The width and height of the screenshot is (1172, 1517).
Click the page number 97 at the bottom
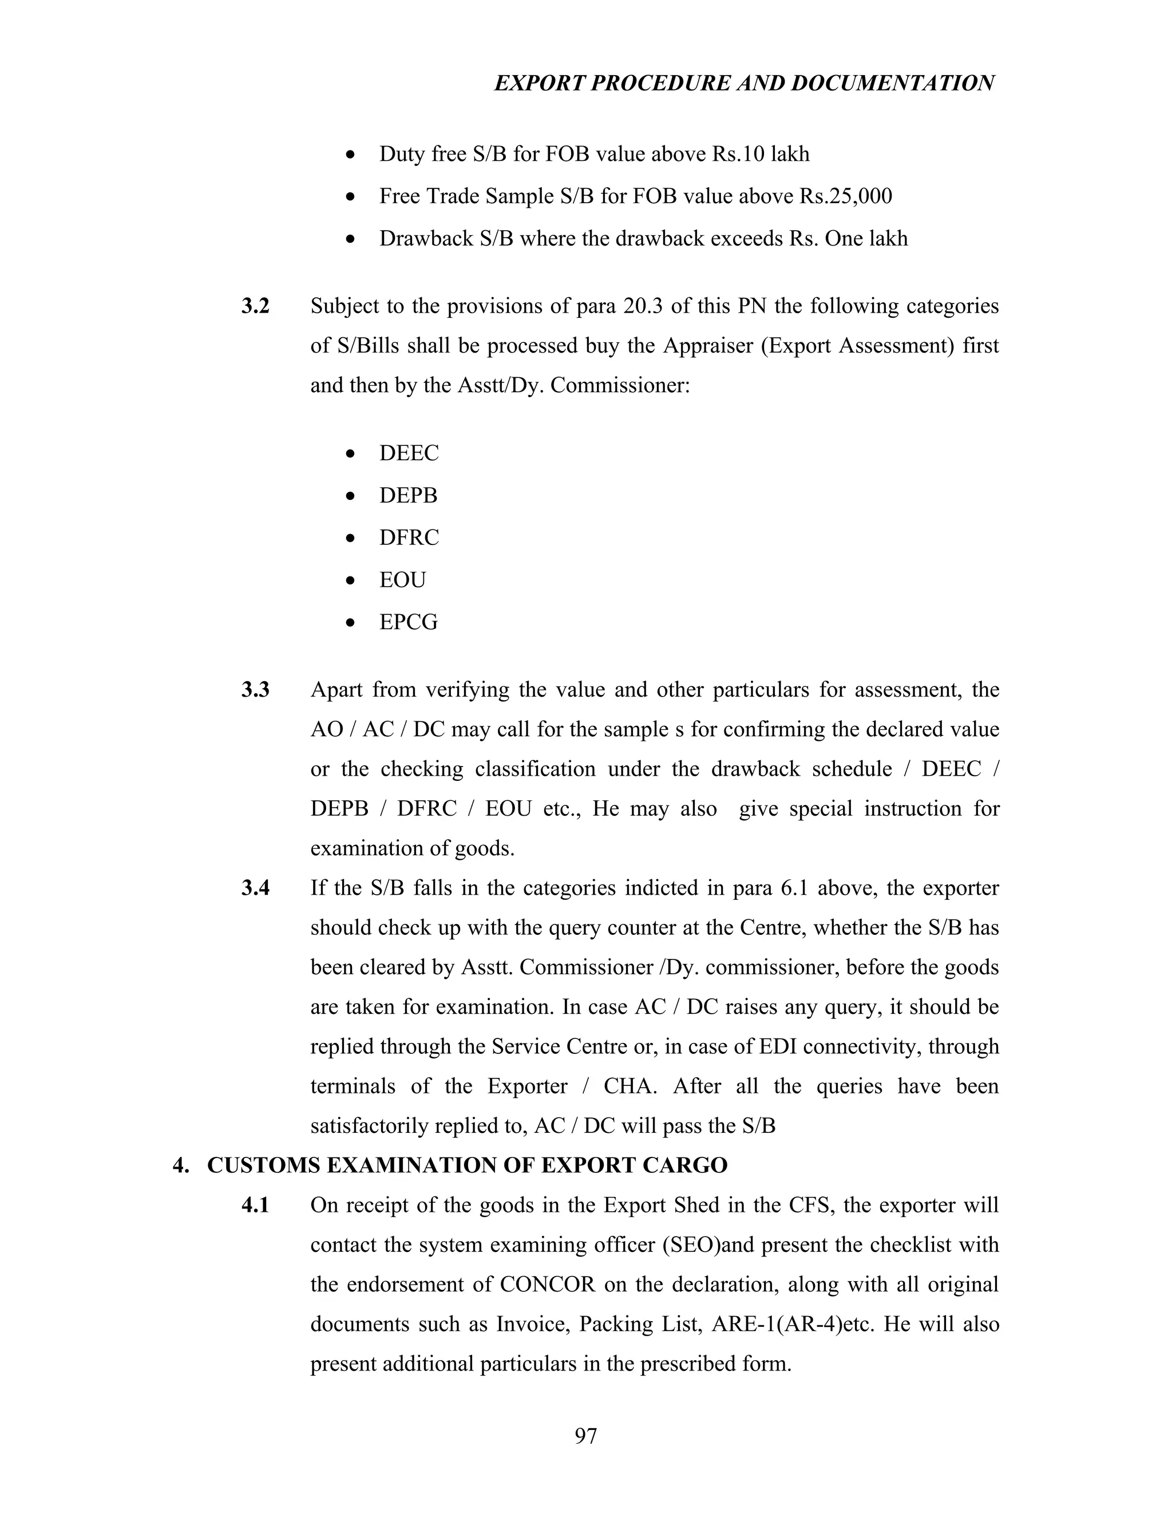[585, 1436]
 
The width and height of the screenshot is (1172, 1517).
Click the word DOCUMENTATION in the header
[892, 84]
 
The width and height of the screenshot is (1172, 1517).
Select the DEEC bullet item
[409, 453]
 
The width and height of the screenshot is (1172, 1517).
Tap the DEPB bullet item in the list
[408, 496]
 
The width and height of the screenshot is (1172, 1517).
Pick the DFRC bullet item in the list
[409, 538]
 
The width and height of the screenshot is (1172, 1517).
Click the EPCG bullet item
[408, 622]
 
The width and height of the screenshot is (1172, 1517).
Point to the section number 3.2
[255, 306]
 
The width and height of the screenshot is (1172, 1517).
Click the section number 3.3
[255, 690]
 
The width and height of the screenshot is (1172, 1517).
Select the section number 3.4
[255, 888]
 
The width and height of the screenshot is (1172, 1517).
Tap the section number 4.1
[255, 1206]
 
